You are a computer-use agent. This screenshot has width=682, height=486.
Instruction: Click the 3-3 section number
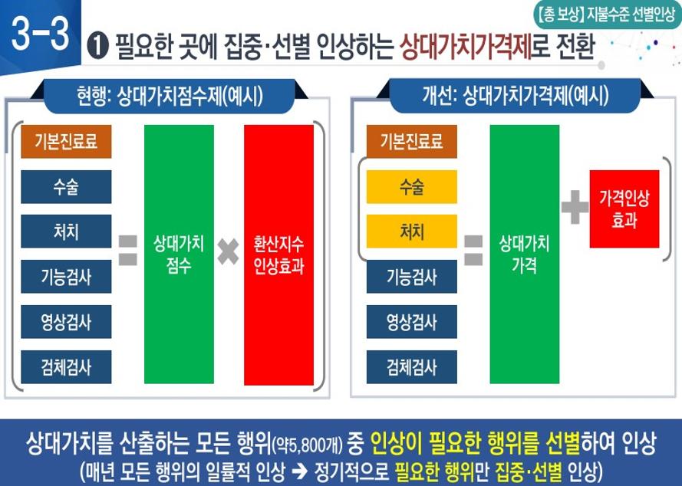pyautogui.click(x=41, y=34)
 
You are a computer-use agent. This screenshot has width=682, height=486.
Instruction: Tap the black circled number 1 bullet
pyautogui.click(x=98, y=47)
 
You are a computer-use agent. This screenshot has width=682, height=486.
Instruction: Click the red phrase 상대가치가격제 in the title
pyautogui.click(x=466, y=47)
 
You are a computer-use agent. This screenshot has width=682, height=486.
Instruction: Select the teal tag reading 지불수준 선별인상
pyautogui.click(x=607, y=15)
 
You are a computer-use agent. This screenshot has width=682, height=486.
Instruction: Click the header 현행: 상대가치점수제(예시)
pyautogui.click(x=170, y=96)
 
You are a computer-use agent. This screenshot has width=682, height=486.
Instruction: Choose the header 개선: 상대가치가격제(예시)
pyautogui.click(x=516, y=96)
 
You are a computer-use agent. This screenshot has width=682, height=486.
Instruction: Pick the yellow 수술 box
pyautogui.click(x=411, y=187)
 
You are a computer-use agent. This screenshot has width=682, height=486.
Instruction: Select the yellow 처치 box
pyautogui.click(x=411, y=232)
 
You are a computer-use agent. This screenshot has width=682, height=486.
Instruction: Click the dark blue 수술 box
pyautogui.click(x=66, y=187)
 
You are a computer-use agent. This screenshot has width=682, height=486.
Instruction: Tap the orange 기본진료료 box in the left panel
pyautogui.click(x=66, y=141)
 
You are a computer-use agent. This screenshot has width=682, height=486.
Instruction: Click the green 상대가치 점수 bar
pyautogui.click(x=179, y=254)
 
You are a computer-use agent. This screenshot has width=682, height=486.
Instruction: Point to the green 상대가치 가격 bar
pyautogui.click(x=524, y=254)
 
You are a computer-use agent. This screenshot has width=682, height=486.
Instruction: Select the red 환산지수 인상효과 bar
pyautogui.click(x=278, y=254)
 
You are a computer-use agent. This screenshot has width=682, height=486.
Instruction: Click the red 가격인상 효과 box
pyautogui.click(x=624, y=209)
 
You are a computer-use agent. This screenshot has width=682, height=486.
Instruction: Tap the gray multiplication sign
pyautogui.click(x=229, y=251)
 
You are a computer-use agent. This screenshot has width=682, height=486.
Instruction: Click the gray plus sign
pyautogui.click(x=575, y=207)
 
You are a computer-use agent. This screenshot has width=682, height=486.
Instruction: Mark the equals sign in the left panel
pyautogui.click(x=128, y=251)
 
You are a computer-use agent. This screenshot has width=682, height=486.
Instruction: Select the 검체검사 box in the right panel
pyautogui.click(x=411, y=367)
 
